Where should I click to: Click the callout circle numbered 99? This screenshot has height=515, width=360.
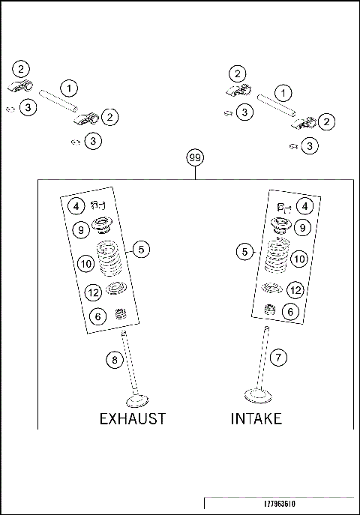coord(195,159)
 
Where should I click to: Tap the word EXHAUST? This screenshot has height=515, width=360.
coord(133,418)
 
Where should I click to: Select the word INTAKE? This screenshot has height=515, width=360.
coord(256,418)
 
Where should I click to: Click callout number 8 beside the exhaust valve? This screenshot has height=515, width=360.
coord(114,360)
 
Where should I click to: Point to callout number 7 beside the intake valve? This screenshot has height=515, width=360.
coord(278,358)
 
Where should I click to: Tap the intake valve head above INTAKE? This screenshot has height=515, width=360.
coord(259,394)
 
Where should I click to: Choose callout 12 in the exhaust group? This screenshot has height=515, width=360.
coord(93,292)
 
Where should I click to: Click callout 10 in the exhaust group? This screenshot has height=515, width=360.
coord(85,263)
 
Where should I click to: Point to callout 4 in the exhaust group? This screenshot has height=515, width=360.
coord(76,205)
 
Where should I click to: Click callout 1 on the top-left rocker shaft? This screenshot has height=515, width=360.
coord(69,88)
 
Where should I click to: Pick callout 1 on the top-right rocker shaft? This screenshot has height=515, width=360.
coord(283,94)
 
